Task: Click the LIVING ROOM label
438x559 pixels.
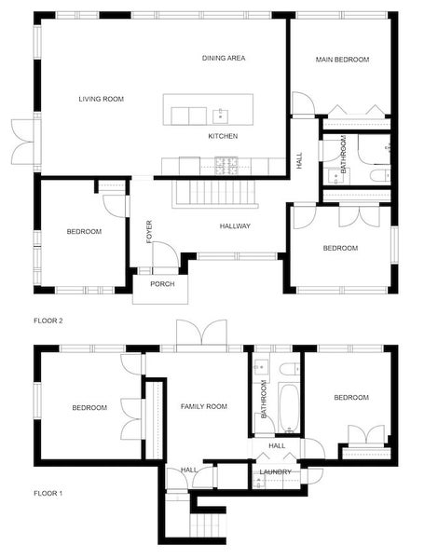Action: coord(101,99)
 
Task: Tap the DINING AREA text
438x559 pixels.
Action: coord(224,59)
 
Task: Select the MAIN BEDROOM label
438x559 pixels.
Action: coord(342,60)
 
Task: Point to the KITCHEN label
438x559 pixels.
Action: coord(223,137)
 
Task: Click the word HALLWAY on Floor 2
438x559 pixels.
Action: coord(236,226)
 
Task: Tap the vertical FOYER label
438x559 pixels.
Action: coord(149,231)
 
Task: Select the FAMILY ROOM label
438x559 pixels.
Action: coord(204,407)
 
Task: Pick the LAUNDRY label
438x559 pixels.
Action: coord(276,472)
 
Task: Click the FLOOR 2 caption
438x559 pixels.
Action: coord(48,320)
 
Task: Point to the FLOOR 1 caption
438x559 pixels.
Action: coord(48,493)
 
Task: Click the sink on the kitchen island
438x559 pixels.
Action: coord(220,116)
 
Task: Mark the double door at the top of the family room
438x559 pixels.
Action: coord(200,334)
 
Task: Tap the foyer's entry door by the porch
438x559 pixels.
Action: coord(162,254)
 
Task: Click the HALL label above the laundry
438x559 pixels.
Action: coord(277,446)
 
